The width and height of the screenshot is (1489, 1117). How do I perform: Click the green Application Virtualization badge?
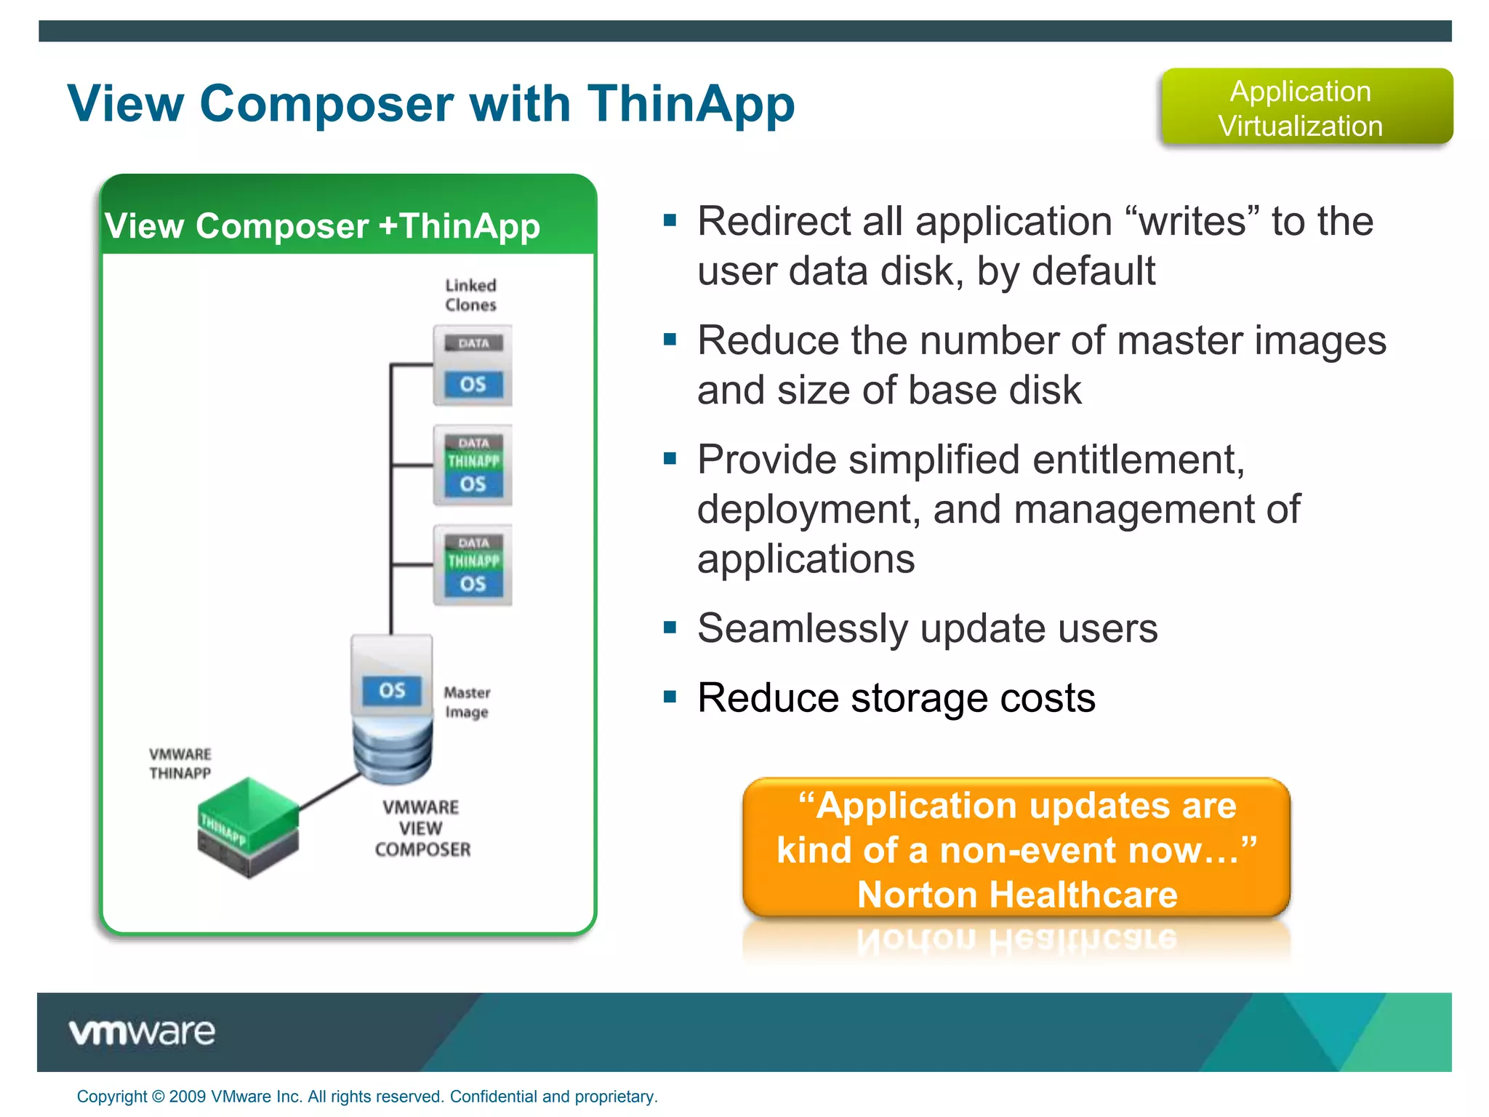pos(1306,108)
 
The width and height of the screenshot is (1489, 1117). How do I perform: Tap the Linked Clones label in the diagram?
pos(470,295)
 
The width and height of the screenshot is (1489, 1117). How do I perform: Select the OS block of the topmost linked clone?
pos(473,384)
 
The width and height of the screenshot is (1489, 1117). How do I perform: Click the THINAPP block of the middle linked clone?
pos(473,461)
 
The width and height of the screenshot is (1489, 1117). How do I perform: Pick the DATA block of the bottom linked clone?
pos(473,543)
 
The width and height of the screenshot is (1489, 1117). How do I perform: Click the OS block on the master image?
pos(392,690)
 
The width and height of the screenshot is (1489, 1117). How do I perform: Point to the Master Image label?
pos(467,702)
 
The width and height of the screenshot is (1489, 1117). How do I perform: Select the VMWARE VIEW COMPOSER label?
pos(422,828)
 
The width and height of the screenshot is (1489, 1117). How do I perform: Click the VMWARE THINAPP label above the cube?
pos(180,764)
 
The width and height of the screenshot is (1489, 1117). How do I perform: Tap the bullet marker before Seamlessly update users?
pos(670,627)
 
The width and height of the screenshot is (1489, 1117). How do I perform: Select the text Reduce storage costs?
pos(896,698)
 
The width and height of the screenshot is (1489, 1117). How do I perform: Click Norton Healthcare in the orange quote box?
pos(1016,894)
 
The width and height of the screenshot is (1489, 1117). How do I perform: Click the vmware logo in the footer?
pos(143,1032)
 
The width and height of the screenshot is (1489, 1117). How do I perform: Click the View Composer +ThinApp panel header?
pos(323,225)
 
